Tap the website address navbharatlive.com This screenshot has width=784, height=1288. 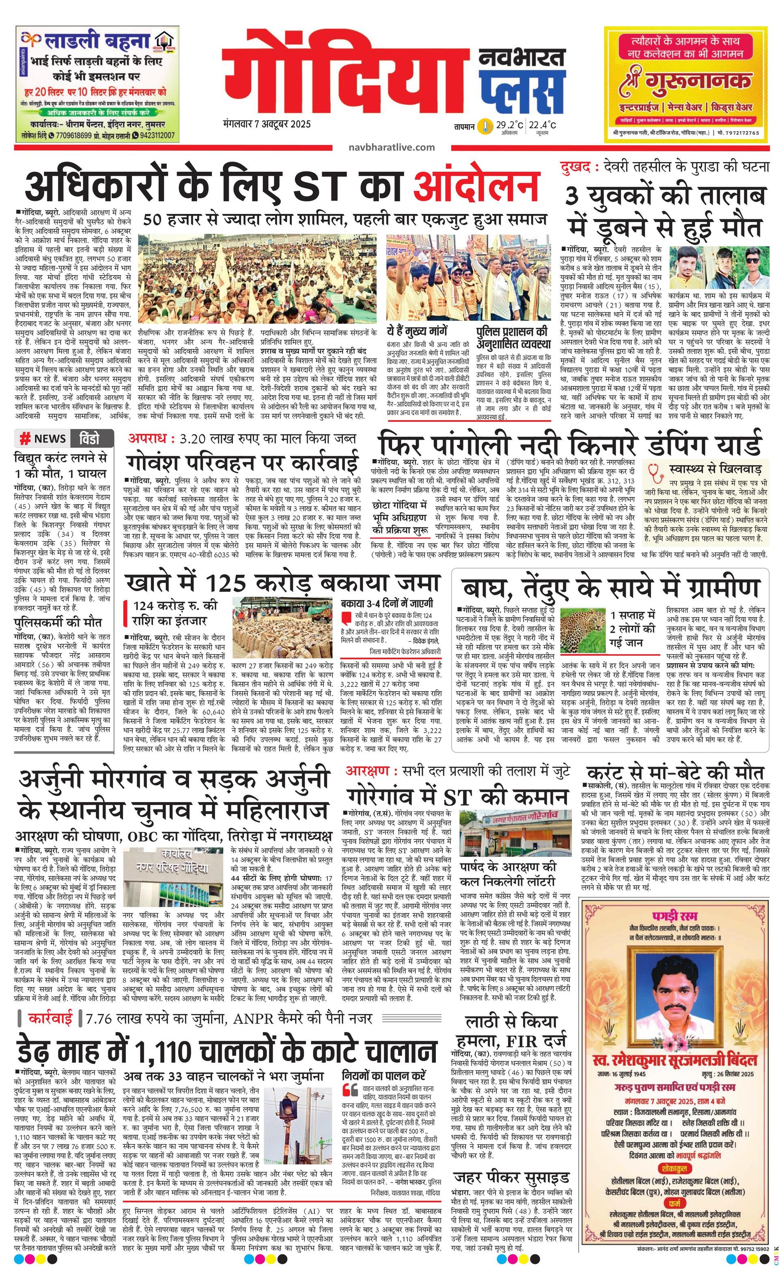(x=392, y=147)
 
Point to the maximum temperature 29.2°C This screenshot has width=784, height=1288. (x=509, y=125)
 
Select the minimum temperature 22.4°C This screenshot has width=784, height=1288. (x=542, y=125)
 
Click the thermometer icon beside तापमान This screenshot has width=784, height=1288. (x=486, y=127)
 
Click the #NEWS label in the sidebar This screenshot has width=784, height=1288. (x=43, y=438)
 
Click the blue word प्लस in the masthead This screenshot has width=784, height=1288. (x=523, y=90)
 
